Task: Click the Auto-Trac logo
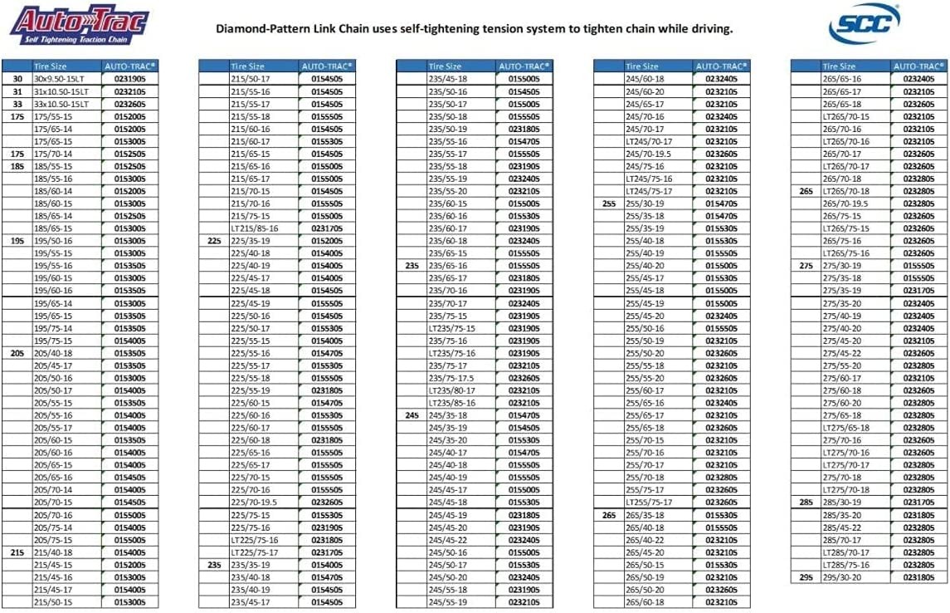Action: (x=79, y=26)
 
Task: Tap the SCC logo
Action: (x=864, y=25)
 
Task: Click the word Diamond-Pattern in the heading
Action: (x=265, y=28)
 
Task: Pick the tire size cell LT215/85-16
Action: (x=254, y=228)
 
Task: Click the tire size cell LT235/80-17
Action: (x=452, y=390)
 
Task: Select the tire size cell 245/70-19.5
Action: (x=650, y=153)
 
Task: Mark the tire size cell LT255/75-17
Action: (x=649, y=502)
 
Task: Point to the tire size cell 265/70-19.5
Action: (x=845, y=203)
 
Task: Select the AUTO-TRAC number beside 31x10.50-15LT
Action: (x=129, y=91)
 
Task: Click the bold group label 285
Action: (x=806, y=502)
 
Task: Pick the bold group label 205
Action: (x=17, y=352)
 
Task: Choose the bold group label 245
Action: (x=412, y=414)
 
